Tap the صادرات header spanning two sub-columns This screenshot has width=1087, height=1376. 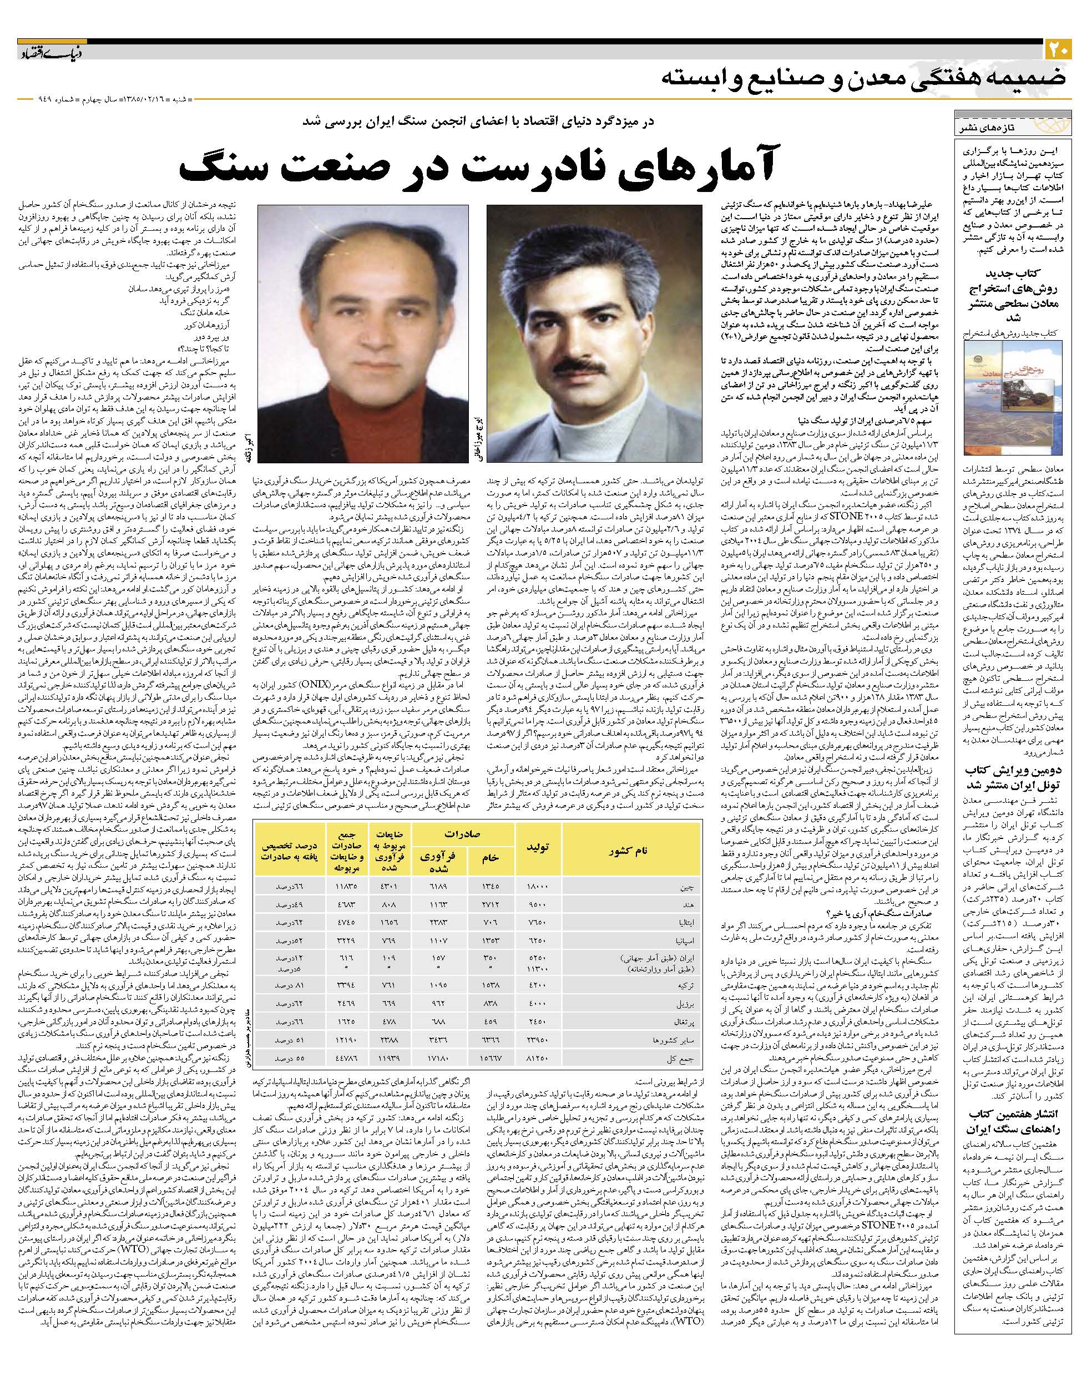(463, 834)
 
